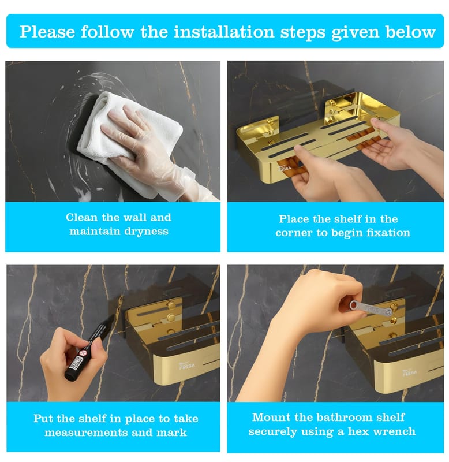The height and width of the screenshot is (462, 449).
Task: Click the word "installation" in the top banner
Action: (x=224, y=32)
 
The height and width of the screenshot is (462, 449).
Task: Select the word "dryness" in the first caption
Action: (x=146, y=232)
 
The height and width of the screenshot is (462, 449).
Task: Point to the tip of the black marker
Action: (x=114, y=315)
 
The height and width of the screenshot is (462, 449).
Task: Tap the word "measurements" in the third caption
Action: (x=86, y=433)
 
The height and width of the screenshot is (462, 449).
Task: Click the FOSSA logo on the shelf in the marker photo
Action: (x=187, y=366)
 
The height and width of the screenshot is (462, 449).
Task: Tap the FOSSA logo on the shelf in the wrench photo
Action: (x=410, y=372)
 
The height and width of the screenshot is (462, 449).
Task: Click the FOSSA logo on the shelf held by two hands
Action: (x=285, y=168)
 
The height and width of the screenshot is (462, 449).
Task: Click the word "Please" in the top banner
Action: (x=47, y=32)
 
